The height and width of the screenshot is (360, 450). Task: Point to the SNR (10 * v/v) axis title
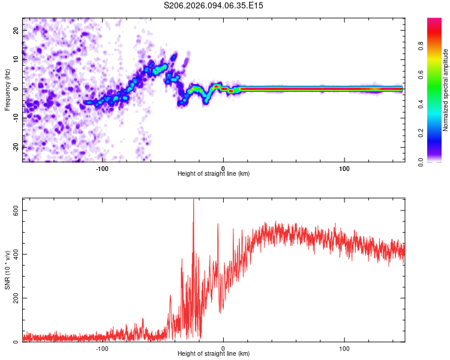point(7,270)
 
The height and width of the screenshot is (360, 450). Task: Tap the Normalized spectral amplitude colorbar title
point(445,90)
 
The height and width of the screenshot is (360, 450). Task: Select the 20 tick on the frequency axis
point(17,30)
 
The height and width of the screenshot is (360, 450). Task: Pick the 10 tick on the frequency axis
point(17,59)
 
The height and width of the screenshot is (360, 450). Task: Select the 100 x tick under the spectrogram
point(344,168)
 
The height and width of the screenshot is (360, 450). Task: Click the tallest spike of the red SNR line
point(193,200)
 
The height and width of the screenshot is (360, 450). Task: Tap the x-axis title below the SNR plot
point(214,354)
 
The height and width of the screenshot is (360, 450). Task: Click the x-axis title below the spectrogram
point(214,174)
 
